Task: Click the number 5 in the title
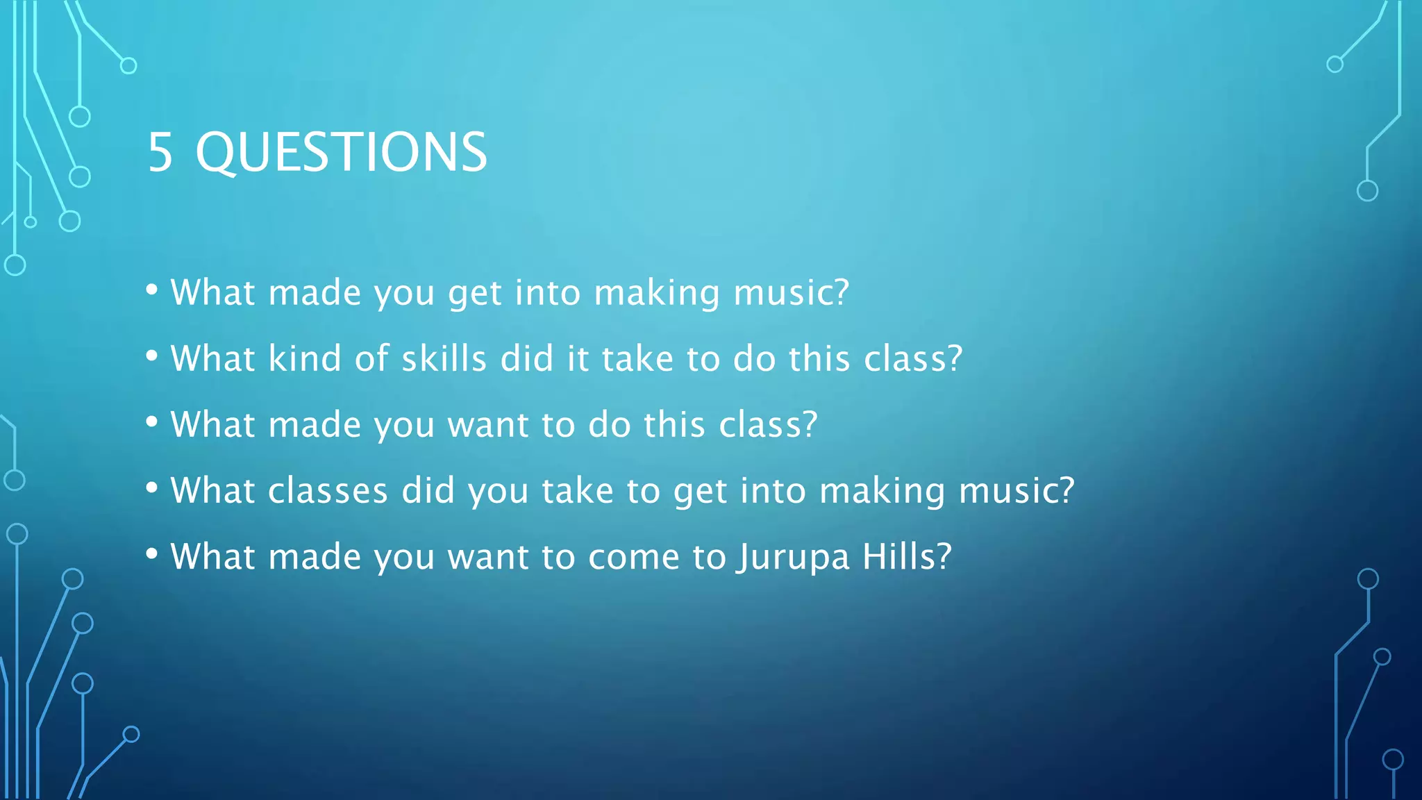coord(160,152)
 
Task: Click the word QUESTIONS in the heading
coord(342,153)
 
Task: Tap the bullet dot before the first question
coord(152,290)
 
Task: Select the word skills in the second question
coord(444,359)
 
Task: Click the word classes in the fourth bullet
coord(328,491)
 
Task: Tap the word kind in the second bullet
coord(305,359)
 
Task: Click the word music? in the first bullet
coord(791,292)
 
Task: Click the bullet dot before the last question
coord(152,554)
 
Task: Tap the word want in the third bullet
coord(488,425)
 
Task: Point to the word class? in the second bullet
coord(913,359)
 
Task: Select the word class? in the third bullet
coord(768,425)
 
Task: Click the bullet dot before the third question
coord(152,422)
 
